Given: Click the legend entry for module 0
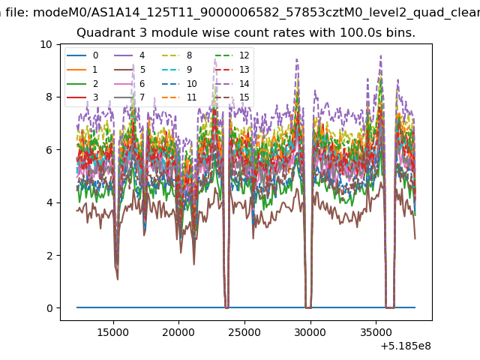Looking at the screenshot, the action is click(82, 55).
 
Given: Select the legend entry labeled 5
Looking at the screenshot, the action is click(130, 70).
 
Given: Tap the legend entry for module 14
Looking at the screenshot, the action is click(232, 83).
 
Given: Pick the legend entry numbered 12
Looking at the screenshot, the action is click(232, 55).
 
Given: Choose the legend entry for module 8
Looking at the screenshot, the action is click(177, 55).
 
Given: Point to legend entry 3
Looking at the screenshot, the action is click(82, 97).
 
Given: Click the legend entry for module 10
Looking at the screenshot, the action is click(179, 83).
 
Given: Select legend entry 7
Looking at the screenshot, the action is click(130, 97).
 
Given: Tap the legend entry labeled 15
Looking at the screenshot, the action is click(232, 97).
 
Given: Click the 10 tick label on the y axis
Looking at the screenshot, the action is click(46, 45).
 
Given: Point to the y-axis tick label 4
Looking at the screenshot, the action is click(49, 202).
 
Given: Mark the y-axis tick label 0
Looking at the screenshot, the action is click(49, 308).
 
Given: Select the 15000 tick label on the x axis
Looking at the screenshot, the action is click(113, 332).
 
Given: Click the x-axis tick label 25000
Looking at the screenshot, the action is click(244, 332).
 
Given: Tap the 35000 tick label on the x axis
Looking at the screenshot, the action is click(376, 332).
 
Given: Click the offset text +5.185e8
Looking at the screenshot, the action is click(406, 346).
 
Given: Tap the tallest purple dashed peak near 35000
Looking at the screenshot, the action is click(380, 55).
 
